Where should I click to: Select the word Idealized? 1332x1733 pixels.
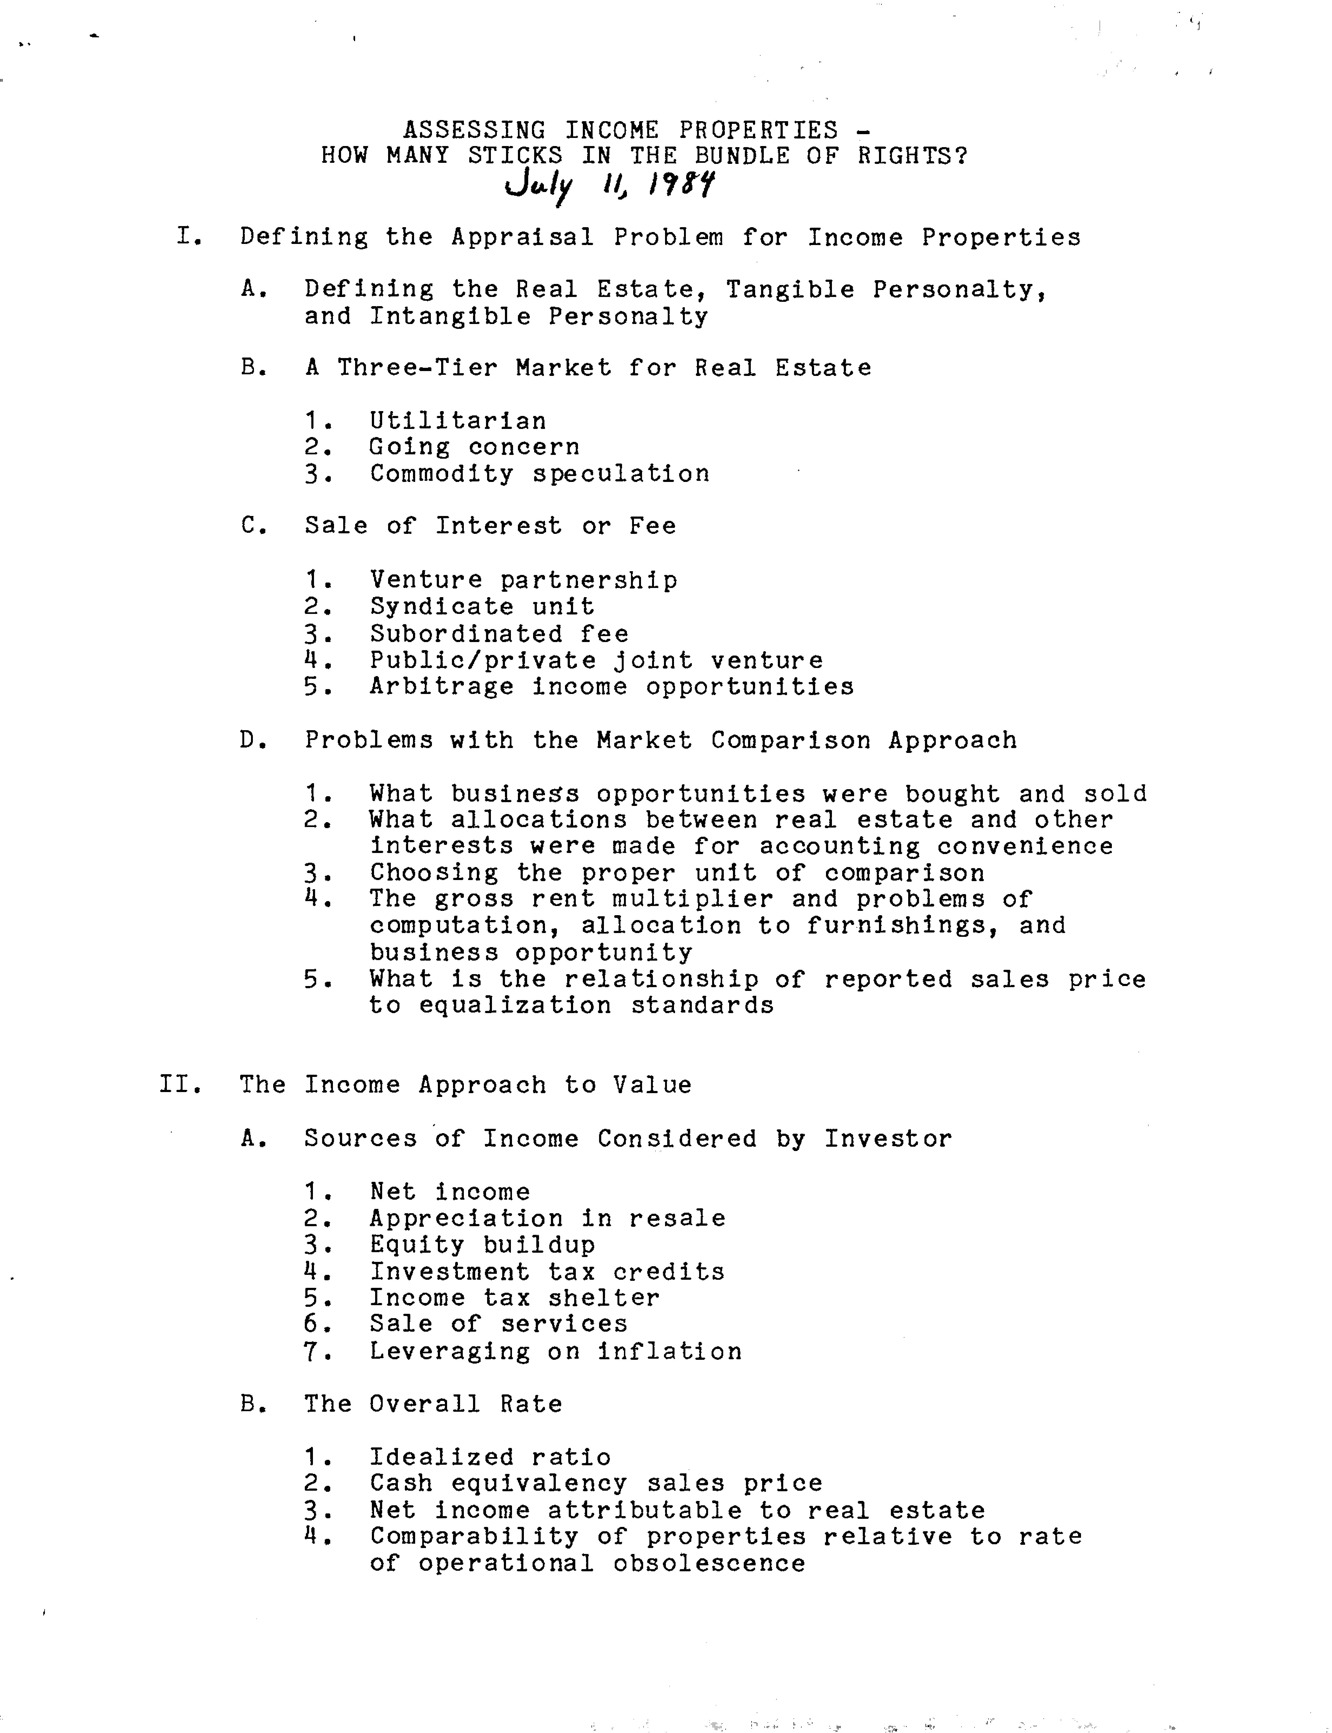tap(442, 1457)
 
